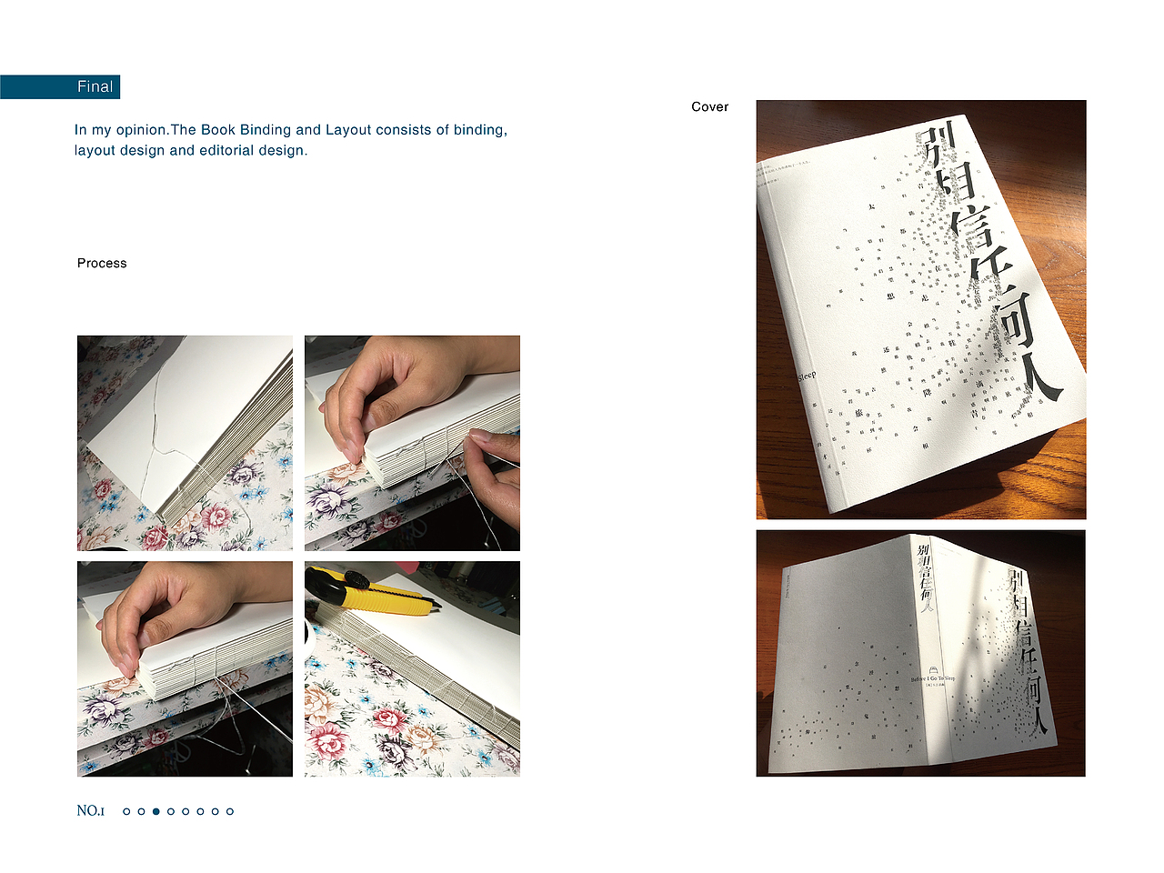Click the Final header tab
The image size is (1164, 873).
pos(94,86)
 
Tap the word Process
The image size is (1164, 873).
pos(102,263)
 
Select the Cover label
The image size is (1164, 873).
pos(709,106)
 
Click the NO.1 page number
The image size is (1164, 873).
pos(91,810)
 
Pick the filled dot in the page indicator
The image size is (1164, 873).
pos(156,811)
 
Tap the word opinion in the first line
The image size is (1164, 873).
pos(141,130)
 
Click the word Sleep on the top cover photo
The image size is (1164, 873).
pos(807,376)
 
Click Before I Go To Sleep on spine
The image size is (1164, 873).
pos(933,678)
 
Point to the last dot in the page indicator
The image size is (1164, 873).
pos(230,811)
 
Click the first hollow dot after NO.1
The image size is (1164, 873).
pos(126,811)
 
